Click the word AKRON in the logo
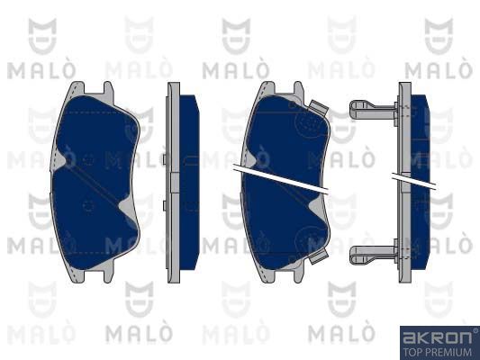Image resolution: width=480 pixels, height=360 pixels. click(437, 337)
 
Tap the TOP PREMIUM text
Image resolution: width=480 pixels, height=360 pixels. click(438, 353)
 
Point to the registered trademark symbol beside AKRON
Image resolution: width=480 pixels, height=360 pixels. click(475, 330)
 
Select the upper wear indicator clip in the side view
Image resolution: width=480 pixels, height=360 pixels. click(373, 110)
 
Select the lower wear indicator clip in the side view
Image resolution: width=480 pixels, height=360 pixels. click(373, 254)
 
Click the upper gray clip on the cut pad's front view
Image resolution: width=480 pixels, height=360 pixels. click(319, 108)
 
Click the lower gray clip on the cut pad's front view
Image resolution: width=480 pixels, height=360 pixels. click(319, 256)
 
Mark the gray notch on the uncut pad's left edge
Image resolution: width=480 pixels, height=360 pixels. click(59, 160)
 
